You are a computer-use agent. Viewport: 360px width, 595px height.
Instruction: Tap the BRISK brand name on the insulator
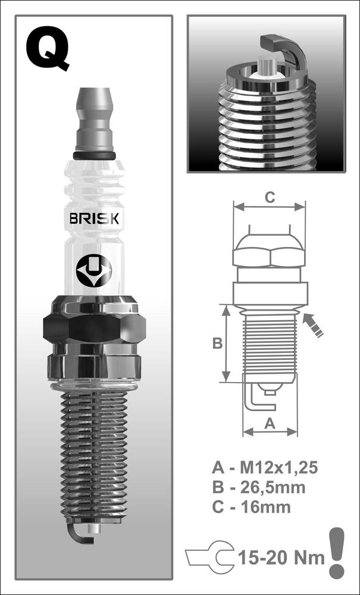[x=94, y=219]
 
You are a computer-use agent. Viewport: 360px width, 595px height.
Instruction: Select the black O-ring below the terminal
[x=94, y=155]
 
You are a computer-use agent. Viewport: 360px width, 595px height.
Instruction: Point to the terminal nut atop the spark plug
[x=94, y=120]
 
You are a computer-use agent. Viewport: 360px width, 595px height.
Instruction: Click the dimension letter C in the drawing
[x=270, y=198]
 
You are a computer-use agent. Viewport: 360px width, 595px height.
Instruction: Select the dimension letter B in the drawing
[x=217, y=344]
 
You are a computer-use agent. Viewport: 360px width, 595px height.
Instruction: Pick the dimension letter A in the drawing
[x=270, y=424]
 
